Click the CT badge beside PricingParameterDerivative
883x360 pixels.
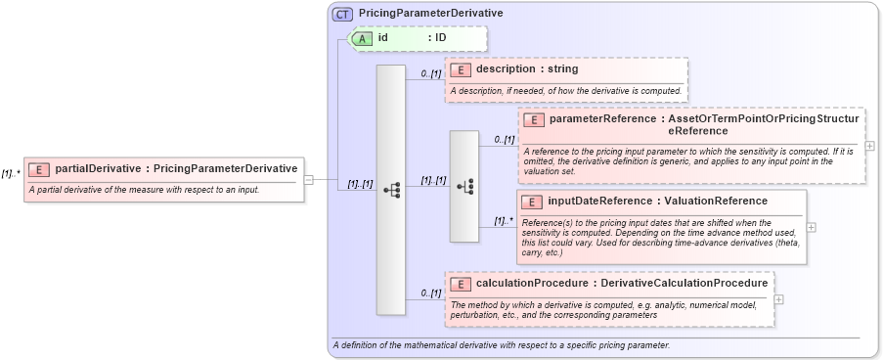tap(342, 14)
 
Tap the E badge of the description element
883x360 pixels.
tap(461, 69)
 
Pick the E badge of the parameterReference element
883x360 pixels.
tap(535, 119)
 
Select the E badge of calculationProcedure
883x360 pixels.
tap(461, 284)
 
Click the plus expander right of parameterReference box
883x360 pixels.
tap(870, 146)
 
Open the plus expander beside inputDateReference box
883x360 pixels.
tap(811, 226)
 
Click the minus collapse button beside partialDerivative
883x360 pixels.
tap(309, 179)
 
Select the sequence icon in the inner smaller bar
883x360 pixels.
tap(464, 186)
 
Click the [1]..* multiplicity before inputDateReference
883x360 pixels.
tap(504, 221)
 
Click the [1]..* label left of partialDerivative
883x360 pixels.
tap(11, 173)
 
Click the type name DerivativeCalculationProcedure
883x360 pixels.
tap(684, 284)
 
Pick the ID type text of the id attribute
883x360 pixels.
tap(441, 38)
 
